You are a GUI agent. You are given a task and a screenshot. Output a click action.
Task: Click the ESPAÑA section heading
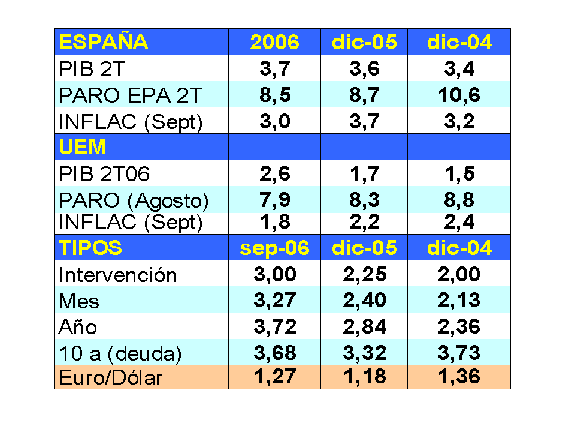coord(103,43)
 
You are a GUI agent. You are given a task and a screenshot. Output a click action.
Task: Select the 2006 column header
coord(274,43)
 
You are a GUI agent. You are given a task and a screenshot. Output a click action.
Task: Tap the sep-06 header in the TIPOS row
coord(274,248)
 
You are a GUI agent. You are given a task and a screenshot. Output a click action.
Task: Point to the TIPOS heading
coord(90,248)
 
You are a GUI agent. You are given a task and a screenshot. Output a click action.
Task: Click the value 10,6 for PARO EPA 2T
coord(459,95)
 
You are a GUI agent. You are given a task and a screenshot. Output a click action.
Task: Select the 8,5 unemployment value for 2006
coord(274,95)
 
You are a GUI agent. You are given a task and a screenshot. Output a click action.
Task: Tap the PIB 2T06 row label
coord(104,175)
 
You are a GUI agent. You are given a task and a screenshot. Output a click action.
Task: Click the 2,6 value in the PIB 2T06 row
coord(274,174)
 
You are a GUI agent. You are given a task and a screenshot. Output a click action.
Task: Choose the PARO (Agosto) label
coord(134,200)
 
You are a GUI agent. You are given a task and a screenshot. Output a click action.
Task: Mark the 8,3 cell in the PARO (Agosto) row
coord(364,200)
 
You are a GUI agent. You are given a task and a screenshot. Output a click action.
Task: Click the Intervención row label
coord(118,275)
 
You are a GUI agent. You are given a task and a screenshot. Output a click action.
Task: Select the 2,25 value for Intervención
coord(364,275)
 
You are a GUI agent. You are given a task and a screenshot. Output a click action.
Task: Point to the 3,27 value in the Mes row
coord(274,301)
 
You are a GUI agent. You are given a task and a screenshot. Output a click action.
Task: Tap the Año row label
coord(78,328)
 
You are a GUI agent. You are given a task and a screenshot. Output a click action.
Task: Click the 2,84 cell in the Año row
coord(364,327)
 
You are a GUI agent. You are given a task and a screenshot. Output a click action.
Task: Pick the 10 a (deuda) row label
coord(120,353)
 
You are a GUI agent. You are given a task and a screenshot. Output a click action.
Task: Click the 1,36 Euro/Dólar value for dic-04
coord(459,377)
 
